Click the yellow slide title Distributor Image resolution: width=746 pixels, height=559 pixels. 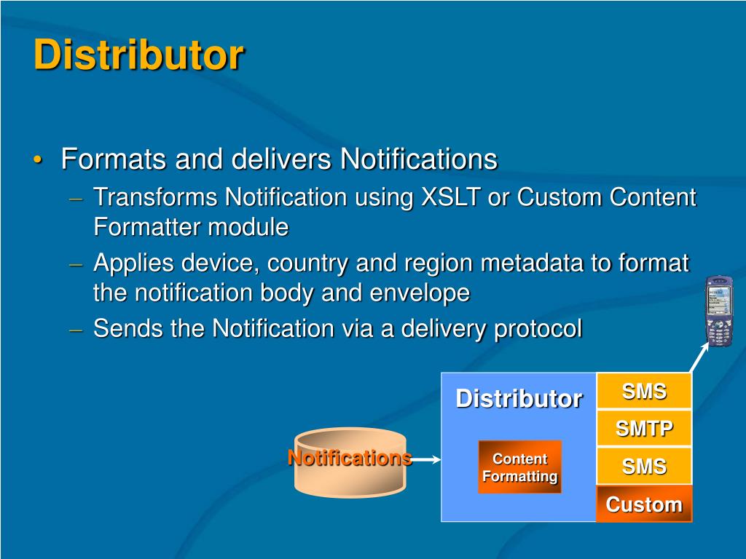139,55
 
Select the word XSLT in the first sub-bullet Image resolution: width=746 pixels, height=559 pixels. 450,197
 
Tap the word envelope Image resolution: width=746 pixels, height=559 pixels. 420,293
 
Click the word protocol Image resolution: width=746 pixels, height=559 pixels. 538,329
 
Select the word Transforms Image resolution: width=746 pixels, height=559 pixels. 155,197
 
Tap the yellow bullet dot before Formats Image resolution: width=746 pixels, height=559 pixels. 38,159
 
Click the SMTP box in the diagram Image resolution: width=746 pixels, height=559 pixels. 644,428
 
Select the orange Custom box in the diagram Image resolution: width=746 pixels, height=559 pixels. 644,504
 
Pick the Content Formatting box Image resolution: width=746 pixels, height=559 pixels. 520,467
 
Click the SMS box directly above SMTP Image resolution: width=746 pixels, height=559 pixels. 644,391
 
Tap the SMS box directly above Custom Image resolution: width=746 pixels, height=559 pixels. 644,466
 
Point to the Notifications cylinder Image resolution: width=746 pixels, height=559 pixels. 350,462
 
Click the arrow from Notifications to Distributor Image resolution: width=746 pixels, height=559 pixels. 425,459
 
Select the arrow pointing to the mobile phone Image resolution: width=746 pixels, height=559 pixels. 699,357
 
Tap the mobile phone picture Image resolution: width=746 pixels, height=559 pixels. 718,310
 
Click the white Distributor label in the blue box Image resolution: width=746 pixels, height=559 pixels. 519,398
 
